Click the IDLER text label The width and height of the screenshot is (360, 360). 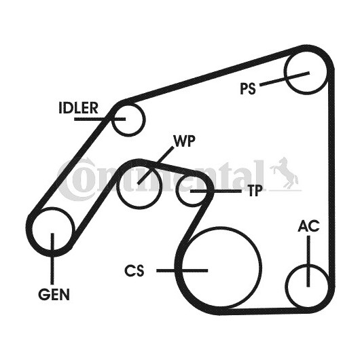point(79,108)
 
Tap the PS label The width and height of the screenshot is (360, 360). point(248,88)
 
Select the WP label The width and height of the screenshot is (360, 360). point(185,141)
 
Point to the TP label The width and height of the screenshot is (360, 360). point(255,191)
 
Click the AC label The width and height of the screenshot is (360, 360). point(308,226)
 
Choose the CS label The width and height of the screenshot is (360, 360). point(134,270)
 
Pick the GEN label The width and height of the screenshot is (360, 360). point(54,294)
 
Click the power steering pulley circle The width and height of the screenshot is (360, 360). point(285,71)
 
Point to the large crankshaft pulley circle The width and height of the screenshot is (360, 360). point(261,268)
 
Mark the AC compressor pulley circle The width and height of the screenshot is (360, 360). point(286,286)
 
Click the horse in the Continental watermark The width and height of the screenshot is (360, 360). point(285,172)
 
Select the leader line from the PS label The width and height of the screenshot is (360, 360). point(285,79)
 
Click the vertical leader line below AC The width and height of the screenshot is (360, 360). point(308,262)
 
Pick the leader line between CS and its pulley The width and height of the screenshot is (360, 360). point(182,271)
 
